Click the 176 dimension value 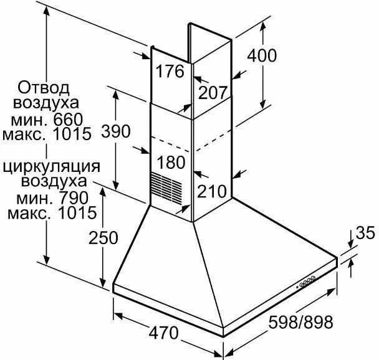170,72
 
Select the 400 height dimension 261,55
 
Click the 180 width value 171,163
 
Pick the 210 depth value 213,191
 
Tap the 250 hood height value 102,238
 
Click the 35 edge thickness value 365,233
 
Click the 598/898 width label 301,322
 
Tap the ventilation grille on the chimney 169,186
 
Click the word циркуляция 52,166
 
